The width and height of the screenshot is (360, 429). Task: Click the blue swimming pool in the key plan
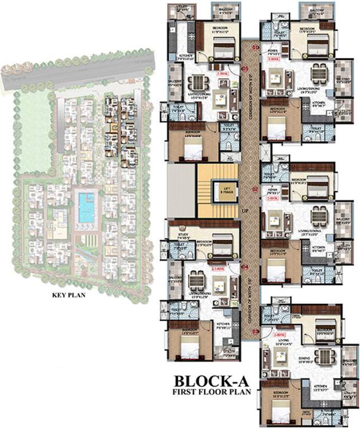click(x=86, y=208)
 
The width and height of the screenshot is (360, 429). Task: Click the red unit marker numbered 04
click(x=245, y=267)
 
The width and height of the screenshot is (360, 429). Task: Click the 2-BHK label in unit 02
click(x=273, y=198)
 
